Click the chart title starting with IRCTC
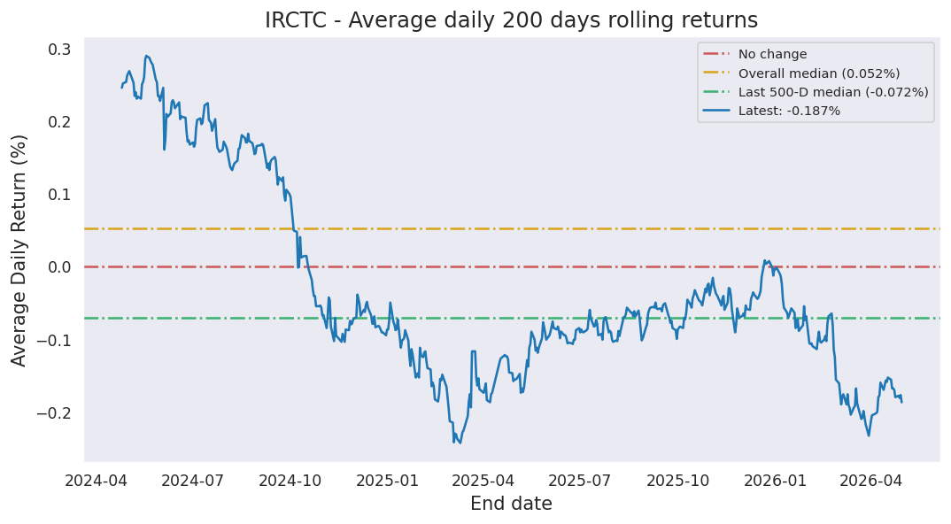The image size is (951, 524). (x=511, y=20)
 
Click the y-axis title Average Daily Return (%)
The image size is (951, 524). (x=19, y=251)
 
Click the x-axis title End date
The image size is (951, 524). (x=511, y=504)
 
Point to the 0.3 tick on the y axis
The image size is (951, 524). (x=58, y=50)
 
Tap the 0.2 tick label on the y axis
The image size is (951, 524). (x=58, y=122)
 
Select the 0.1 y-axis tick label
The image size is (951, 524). (x=58, y=195)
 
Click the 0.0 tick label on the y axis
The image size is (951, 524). (x=58, y=267)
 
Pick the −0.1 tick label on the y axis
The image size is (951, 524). (x=53, y=340)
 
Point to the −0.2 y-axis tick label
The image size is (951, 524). (x=53, y=413)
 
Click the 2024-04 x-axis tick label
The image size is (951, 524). (x=97, y=481)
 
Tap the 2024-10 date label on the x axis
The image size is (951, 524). (x=290, y=481)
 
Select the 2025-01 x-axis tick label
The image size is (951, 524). (x=387, y=481)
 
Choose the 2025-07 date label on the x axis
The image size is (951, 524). (x=579, y=481)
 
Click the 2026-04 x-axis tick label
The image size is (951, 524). (x=871, y=481)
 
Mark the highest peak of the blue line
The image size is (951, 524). (x=146, y=56)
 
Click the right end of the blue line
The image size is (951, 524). (x=902, y=402)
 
